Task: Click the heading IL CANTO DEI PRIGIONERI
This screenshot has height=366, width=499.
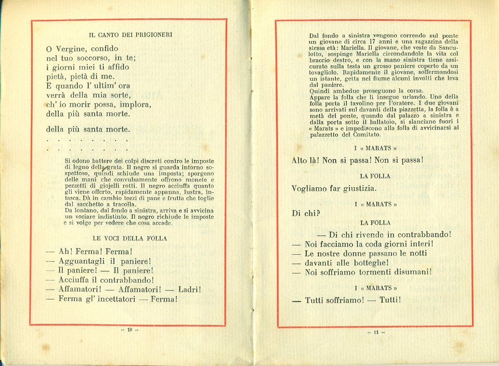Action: [130, 35]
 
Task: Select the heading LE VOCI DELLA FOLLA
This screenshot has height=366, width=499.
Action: [130, 238]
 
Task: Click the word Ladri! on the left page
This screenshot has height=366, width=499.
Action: [189, 290]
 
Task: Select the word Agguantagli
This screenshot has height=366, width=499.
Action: [82, 261]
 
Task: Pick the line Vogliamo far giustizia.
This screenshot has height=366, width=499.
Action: [334, 188]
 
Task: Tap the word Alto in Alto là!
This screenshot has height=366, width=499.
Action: [300, 160]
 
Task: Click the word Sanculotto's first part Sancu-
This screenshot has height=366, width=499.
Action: [447, 48]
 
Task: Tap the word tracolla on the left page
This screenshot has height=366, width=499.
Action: [133, 204]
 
